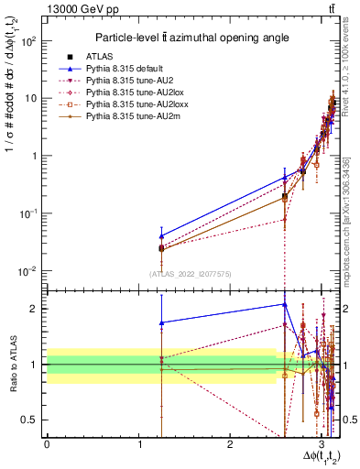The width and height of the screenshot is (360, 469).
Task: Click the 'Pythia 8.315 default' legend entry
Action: coord(138,69)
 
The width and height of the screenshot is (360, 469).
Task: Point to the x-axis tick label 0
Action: coord(47,445)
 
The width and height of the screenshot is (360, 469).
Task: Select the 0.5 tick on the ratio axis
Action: coord(32,420)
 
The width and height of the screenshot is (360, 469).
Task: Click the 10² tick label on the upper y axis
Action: coord(29,41)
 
